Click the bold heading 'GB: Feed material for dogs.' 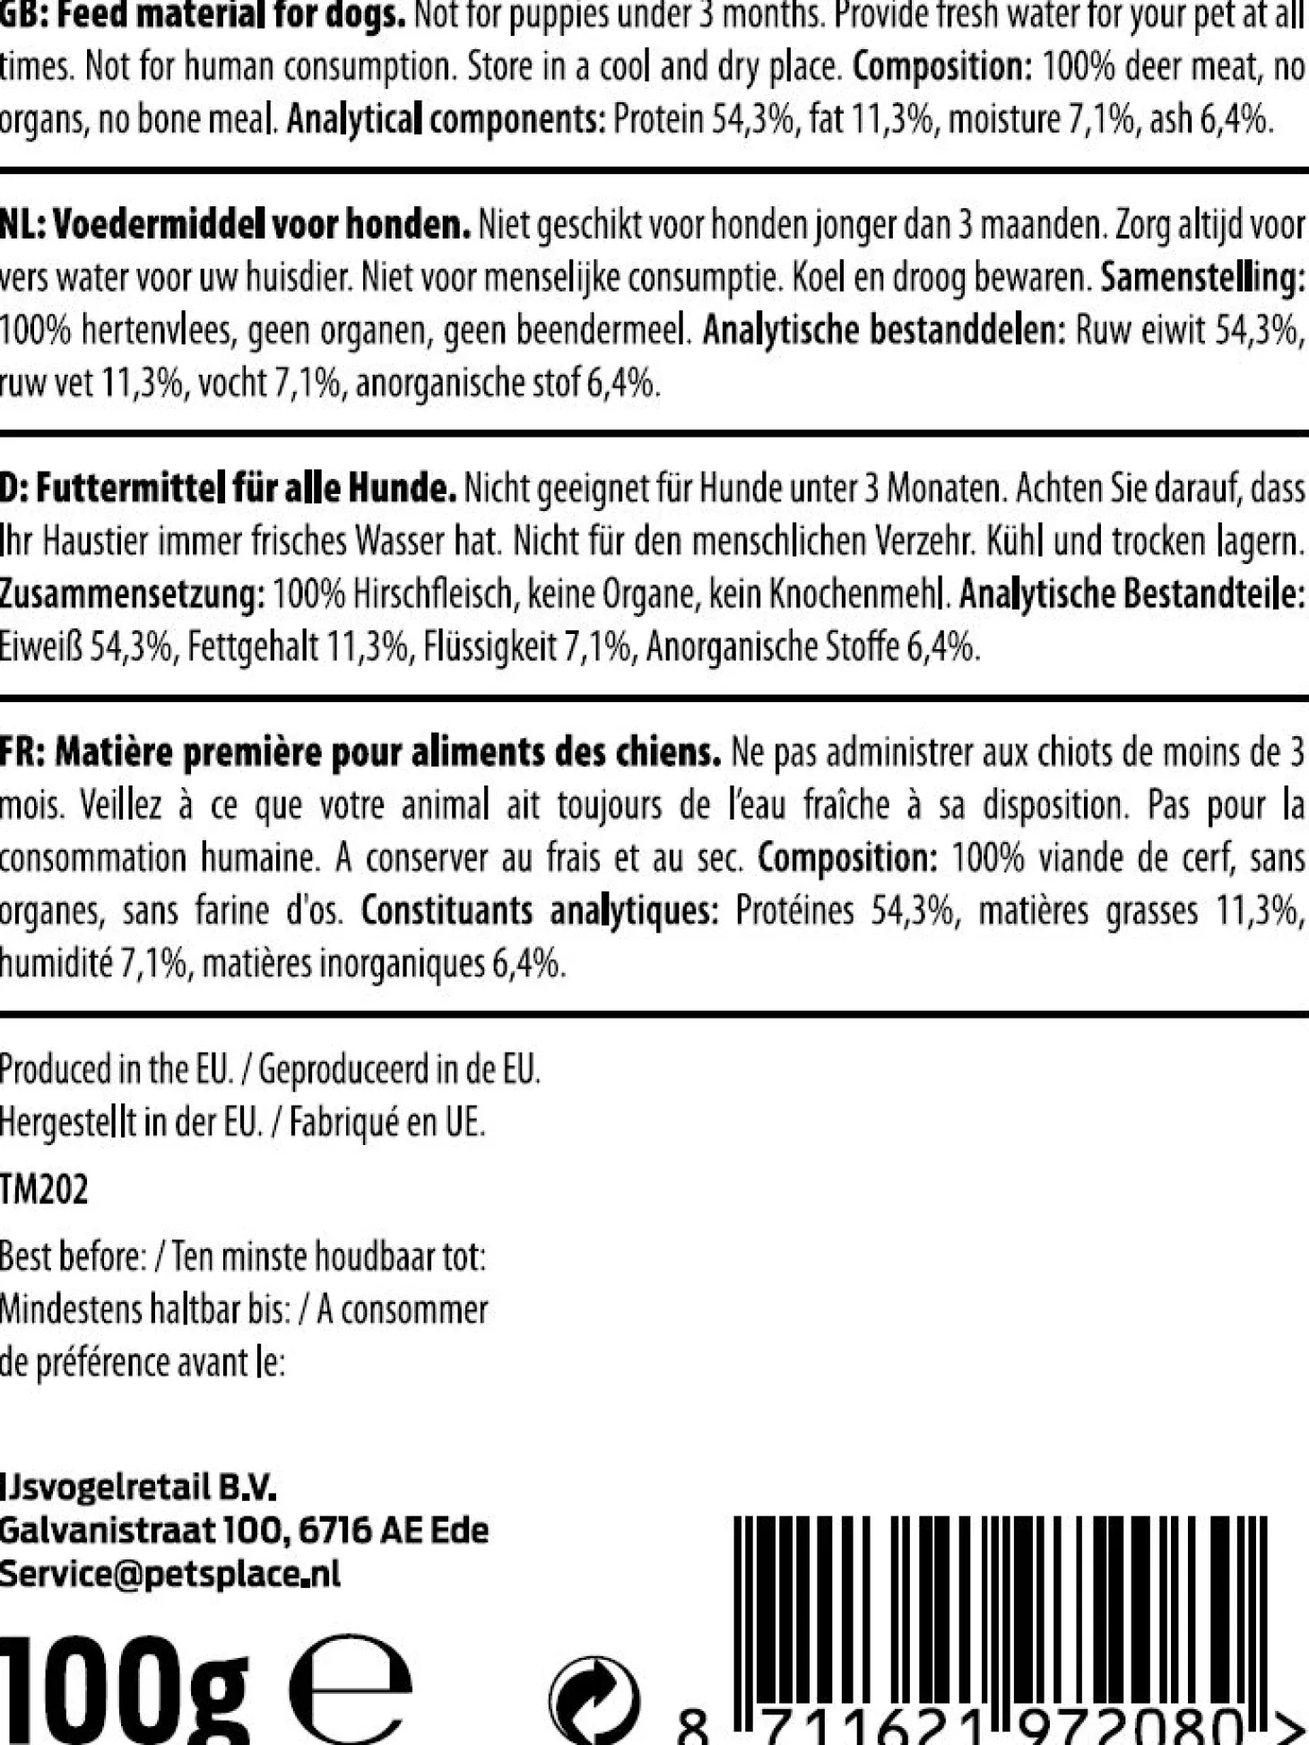(203, 17)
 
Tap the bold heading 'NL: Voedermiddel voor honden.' (235, 225)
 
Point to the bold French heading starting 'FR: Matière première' (360, 752)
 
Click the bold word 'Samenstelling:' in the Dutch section (1202, 278)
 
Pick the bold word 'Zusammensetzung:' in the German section (132, 594)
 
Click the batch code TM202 (44, 1190)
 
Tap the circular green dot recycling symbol (594, 1699)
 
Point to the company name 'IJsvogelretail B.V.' (138, 1489)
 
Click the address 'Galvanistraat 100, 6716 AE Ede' (244, 1530)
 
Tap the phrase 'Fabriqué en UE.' (386, 1121)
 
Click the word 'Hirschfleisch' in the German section (434, 594)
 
